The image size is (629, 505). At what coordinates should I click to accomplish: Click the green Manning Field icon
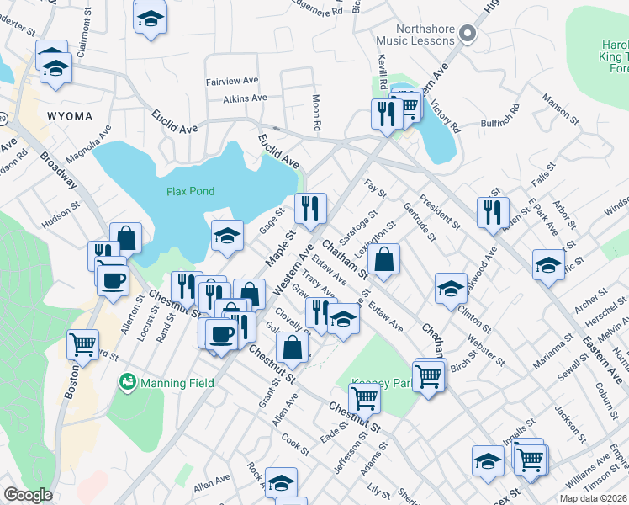(129, 383)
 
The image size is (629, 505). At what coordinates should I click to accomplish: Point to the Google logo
(28, 495)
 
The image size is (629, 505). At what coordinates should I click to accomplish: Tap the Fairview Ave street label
(232, 82)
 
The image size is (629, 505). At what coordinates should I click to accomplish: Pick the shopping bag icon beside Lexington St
(383, 260)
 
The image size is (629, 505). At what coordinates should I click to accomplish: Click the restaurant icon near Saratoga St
(310, 209)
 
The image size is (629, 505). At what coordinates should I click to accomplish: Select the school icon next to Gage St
(226, 237)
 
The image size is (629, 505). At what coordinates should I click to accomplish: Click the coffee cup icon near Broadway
(112, 281)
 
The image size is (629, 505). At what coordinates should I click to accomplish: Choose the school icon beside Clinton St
(451, 289)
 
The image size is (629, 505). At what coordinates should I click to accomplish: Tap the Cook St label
(296, 441)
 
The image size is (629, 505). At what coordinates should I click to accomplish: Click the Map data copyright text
(594, 498)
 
